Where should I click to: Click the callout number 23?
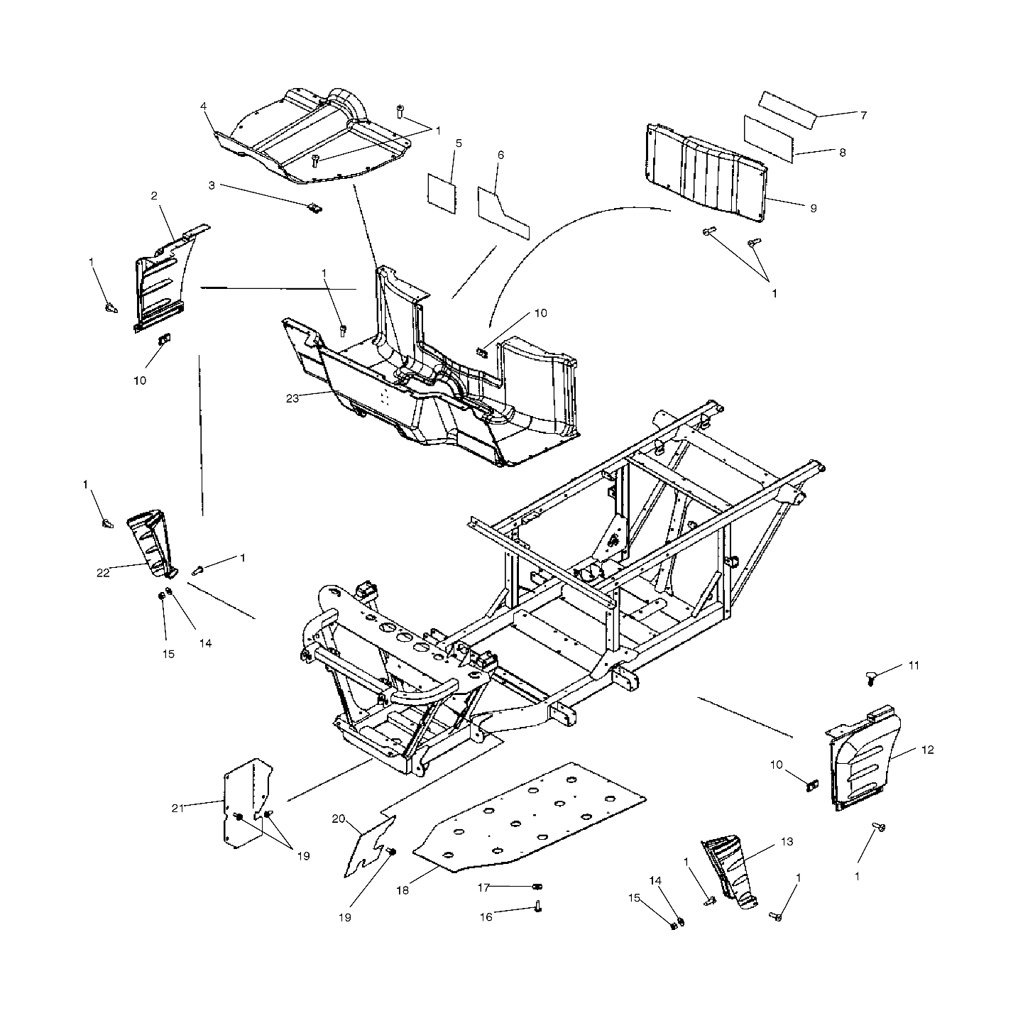pos(292,399)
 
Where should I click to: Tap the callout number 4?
pos(204,106)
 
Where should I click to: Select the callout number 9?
pos(813,208)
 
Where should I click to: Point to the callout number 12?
pos(927,750)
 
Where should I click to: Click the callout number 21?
pos(177,808)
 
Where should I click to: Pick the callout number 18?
pos(403,890)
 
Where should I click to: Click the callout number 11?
pos(914,666)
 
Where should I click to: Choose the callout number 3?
pos(212,185)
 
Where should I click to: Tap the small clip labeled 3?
pos(315,208)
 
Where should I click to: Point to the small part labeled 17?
pos(537,886)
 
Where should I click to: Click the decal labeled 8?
pos(769,138)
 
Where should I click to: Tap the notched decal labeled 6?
pos(503,213)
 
